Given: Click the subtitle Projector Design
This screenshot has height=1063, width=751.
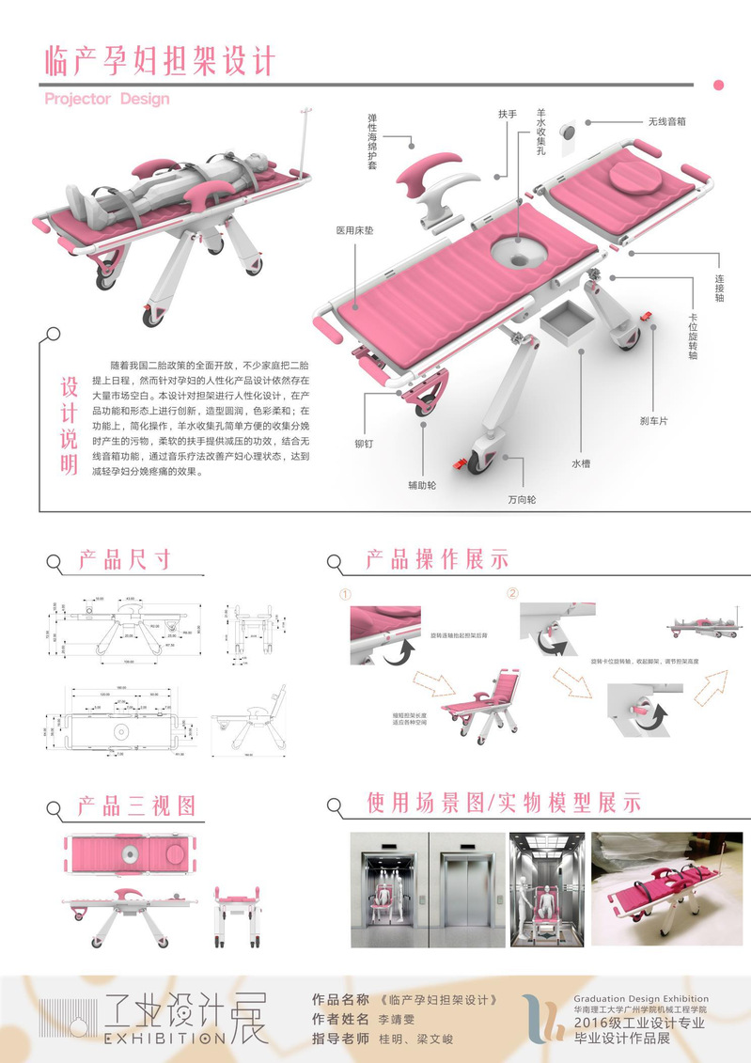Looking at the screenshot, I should point(107,98).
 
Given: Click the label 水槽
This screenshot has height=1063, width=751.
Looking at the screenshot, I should point(581,462).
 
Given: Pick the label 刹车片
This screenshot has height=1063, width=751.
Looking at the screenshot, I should point(654,420).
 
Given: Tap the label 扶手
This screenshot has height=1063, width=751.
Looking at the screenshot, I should point(508,114).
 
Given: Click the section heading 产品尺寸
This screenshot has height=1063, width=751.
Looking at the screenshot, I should point(124,561).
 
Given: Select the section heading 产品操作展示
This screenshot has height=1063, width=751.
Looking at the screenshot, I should point(437,559).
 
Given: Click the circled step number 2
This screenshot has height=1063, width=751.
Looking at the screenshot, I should point(512,593).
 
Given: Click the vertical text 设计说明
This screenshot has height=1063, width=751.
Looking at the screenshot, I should point(69,426).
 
